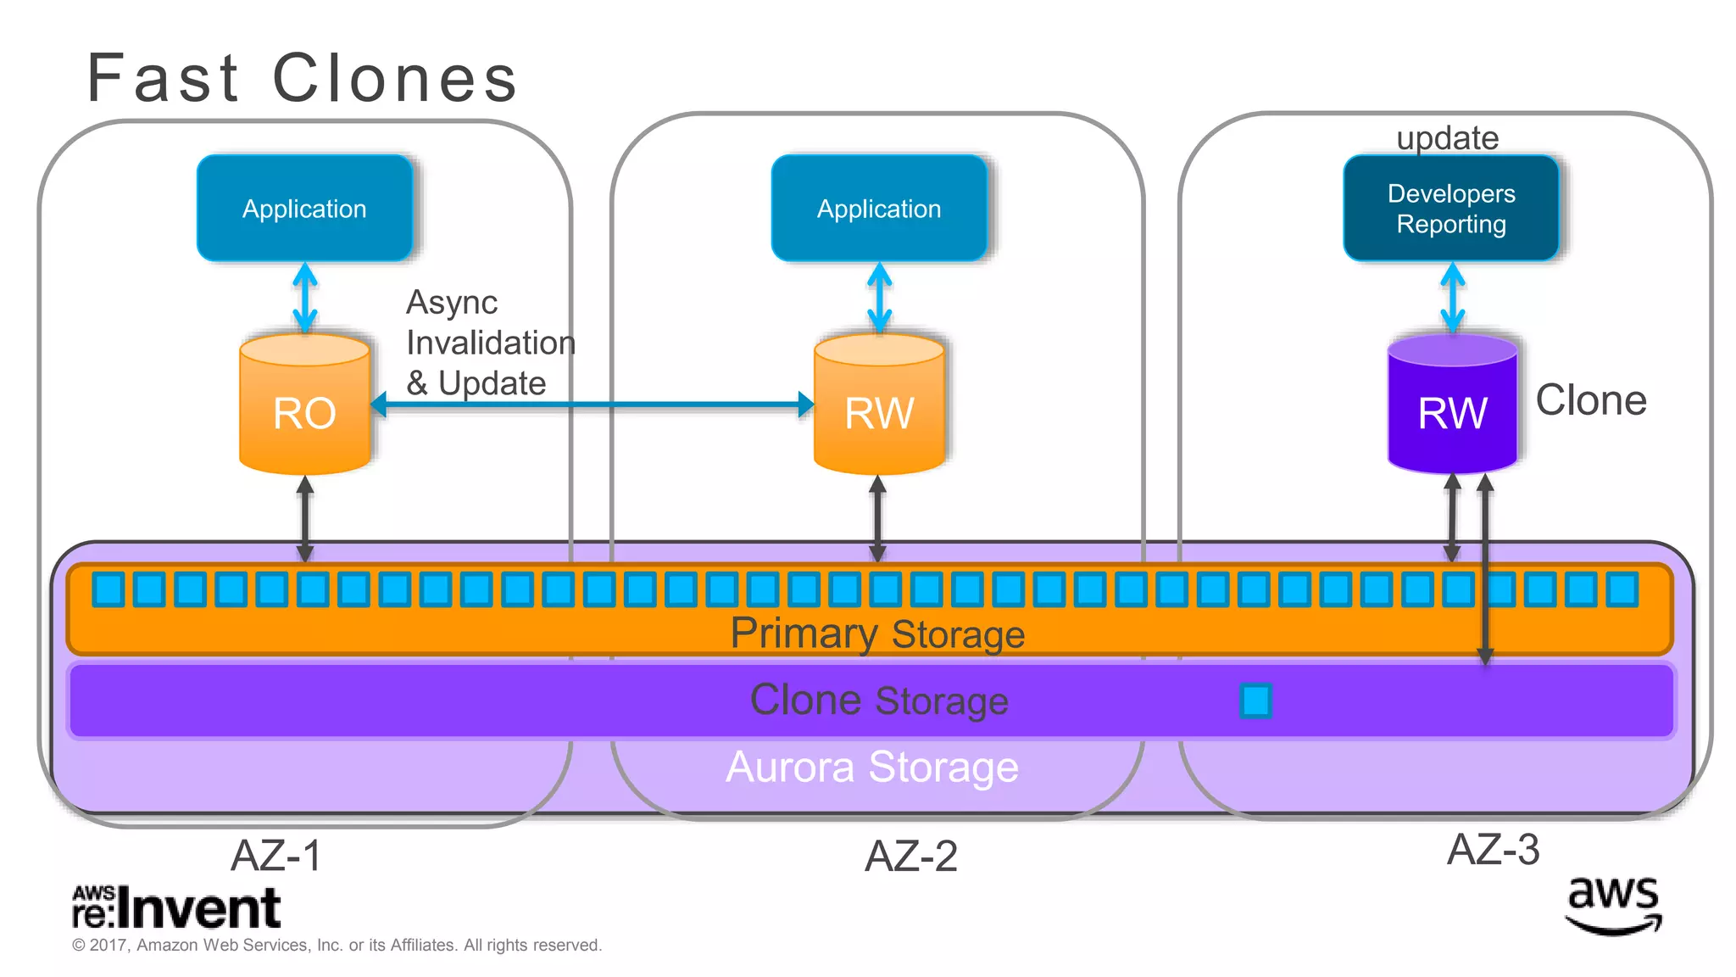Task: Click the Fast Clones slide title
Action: (x=302, y=78)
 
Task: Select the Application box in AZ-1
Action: (x=304, y=208)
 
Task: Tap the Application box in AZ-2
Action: (x=879, y=208)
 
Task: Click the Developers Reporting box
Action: (x=1450, y=208)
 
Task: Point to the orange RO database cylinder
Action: (x=304, y=405)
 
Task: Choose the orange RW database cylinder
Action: (x=879, y=405)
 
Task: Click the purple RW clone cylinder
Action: (x=1451, y=405)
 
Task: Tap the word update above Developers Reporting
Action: (x=1447, y=137)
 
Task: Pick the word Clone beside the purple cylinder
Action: (x=1590, y=400)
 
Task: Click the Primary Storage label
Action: (x=877, y=634)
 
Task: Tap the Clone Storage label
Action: (x=879, y=701)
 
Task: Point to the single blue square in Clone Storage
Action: (x=1255, y=701)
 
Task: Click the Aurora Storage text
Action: (x=872, y=767)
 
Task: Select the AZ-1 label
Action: (x=276, y=855)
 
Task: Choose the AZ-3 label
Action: (x=1493, y=849)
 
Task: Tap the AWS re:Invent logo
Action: (x=175, y=907)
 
